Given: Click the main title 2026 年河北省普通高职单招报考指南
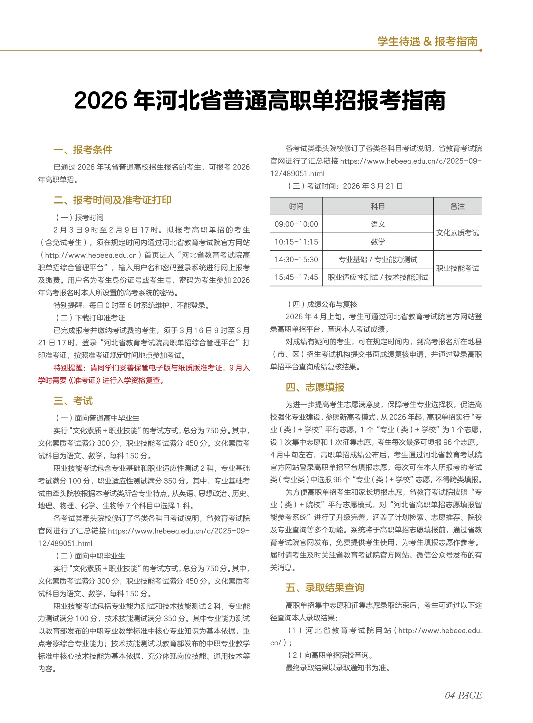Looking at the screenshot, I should pos(260,100).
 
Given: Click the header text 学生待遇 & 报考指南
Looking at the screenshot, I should pos(427,42).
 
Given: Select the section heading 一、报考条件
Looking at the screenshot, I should pos(83,150).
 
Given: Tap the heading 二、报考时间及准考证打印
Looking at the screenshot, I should pos(112,200).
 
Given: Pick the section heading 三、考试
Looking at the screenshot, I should pos(73,401).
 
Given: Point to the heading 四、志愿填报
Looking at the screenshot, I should pos(315,387).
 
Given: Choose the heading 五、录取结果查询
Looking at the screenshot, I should pos(325,587).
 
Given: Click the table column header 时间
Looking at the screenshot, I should pos(296,207).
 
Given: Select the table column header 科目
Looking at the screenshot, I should pos(377,207).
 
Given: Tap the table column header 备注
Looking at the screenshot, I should pos(457,207).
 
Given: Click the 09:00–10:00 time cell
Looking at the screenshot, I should pos(296,224).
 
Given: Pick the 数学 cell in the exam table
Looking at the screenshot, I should pos(377,242).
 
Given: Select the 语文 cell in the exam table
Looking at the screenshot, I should pos(377,224).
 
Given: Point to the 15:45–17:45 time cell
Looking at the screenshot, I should pos(296,277).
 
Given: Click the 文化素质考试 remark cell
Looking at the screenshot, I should pos(457,233).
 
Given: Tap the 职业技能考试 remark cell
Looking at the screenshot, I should pos(457,268).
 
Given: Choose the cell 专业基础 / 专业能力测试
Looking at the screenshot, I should pos(377,260).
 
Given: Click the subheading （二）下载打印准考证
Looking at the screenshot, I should pos(90,318).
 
